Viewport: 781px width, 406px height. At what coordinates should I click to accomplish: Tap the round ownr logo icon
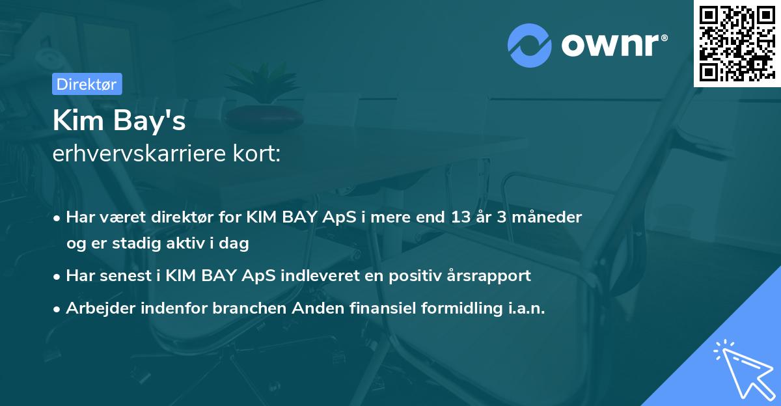(530, 45)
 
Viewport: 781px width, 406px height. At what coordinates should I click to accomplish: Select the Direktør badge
(87, 84)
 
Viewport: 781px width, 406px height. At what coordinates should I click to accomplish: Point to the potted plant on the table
(264, 98)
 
